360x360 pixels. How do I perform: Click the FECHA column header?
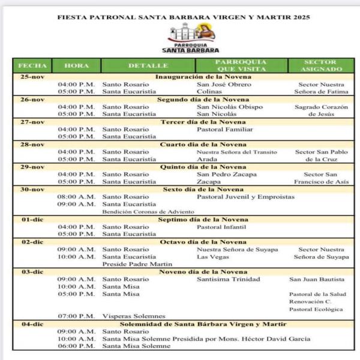coord(32,65)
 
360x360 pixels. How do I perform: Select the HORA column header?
coord(76,65)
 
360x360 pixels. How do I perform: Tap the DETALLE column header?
coord(148,65)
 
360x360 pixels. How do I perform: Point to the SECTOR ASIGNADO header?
coord(320,65)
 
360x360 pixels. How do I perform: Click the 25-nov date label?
coord(32,77)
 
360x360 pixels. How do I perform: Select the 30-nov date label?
coord(32,189)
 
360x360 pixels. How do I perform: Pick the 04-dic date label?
coord(32,324)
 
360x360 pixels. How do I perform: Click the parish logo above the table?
coord(191,37)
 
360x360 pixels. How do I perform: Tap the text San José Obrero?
coord(224,85)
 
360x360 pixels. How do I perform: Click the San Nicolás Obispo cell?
coord(230,107)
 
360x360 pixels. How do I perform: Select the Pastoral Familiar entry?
coord(225,130)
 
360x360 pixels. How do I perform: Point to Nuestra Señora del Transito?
coord(237,152)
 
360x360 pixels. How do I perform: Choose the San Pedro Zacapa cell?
coord(227,175)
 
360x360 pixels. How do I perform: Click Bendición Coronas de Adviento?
coord(148,212)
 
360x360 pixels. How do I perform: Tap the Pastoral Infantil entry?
coord(222,227)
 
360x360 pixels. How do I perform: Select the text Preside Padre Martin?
coord(137,264)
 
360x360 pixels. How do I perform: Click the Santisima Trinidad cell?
coord(229,279)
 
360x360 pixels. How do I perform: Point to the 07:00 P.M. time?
coord(76,316)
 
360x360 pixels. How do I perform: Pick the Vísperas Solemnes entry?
coord(134,316)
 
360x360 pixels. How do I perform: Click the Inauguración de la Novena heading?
coord(203,77)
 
